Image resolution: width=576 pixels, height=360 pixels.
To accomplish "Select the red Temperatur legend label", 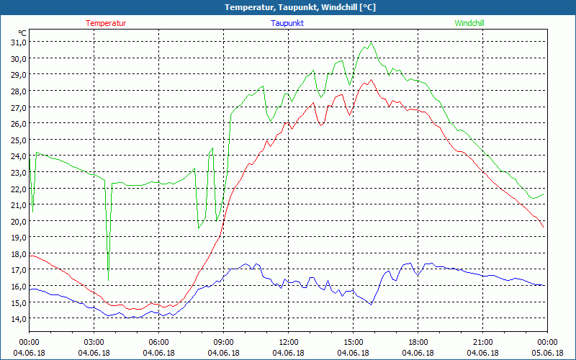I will point(106,23).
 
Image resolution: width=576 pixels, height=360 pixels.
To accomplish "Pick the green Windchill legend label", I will point(469,23).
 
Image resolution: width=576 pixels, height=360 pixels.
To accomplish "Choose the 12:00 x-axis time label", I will point(288,342).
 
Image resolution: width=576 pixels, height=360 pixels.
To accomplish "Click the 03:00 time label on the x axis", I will point(94,342).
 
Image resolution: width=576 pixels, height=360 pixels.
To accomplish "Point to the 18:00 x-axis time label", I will point(418,342).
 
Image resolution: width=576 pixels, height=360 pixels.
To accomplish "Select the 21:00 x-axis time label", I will point(482,342).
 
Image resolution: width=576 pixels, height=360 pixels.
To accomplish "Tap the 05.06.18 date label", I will point(547,353).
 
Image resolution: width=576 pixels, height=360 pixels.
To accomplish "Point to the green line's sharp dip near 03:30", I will point(108,279).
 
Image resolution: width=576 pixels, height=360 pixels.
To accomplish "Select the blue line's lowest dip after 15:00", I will point(372,304).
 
